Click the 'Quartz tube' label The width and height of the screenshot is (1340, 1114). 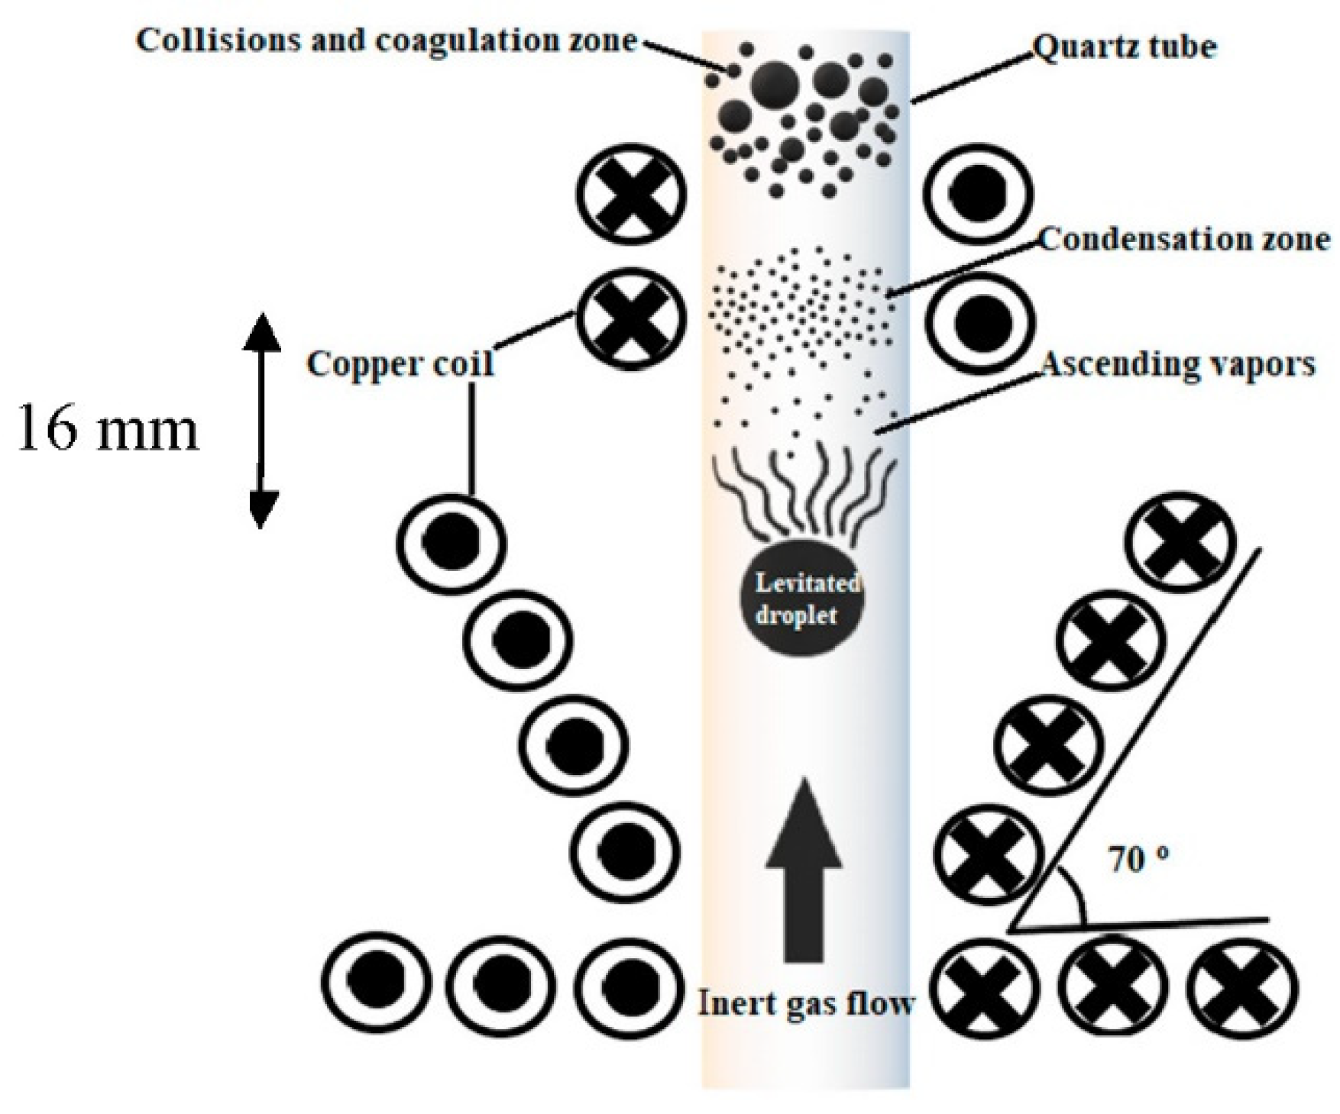(1124, 47)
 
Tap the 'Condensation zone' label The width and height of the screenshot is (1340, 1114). (1184, 240)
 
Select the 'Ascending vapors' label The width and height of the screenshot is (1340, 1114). (1178, 364)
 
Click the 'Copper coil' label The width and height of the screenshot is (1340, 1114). (400, 363)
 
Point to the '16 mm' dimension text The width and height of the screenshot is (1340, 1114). (108, 429)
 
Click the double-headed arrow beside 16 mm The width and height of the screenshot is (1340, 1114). (261, 420)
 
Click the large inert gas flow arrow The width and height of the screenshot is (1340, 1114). (804, 870)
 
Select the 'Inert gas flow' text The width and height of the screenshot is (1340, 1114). (806, 1003)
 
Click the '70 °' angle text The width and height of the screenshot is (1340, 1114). (1138, 861)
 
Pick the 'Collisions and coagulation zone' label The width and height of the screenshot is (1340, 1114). (386, 40)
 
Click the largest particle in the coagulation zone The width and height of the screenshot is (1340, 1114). (774, 82)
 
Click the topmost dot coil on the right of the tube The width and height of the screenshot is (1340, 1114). (979, 193)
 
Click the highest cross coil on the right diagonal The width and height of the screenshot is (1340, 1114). (1183, 543)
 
